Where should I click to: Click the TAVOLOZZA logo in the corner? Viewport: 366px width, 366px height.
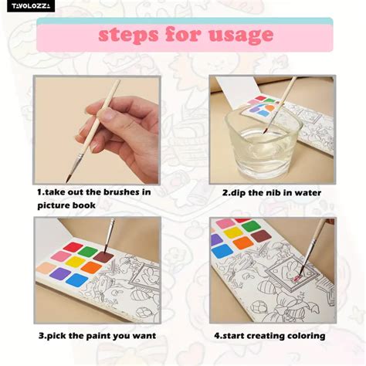coord(31,6)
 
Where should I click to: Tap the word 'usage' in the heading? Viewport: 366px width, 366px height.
coord(241,36)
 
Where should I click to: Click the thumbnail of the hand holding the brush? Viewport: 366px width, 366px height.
coord(97,130)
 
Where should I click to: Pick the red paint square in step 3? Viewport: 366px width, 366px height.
coord(73,247)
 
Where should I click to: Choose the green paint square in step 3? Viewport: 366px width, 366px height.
coord(88,252)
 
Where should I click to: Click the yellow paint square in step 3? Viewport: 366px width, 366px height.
coord(75,262)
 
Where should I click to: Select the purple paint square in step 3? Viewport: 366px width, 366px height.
coord(60,273)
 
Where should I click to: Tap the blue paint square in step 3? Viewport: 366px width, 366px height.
coord(76,280)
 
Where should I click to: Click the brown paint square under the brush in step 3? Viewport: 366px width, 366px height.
coord(103,257)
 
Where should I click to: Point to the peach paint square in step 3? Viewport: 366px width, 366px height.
coord(46,267)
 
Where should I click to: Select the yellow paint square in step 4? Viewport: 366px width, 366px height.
coord(233,233)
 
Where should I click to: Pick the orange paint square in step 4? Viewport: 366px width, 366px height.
coord(243,242)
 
